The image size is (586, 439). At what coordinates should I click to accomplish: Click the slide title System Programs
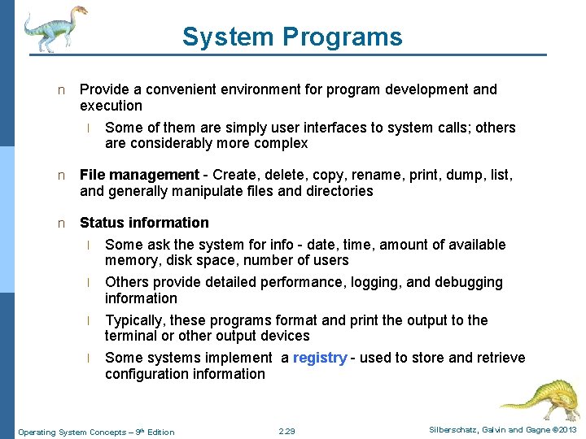click(x=292, y=37)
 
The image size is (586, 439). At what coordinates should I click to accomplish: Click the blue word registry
click(x=320, y=358)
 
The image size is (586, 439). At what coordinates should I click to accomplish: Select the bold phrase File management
click(x=139, y=175)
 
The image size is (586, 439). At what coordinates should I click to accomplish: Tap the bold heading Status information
click(x=144, y=223)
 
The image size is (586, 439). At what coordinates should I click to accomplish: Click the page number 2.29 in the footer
click(x=286, y=432)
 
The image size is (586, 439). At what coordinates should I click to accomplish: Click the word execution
click(x=111, y=106)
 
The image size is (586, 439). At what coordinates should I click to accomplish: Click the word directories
click(x=336, y=191)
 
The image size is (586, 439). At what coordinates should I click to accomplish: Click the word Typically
click(x=135, y=320)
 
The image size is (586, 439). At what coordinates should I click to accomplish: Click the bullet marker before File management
click(x=60, y=176)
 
